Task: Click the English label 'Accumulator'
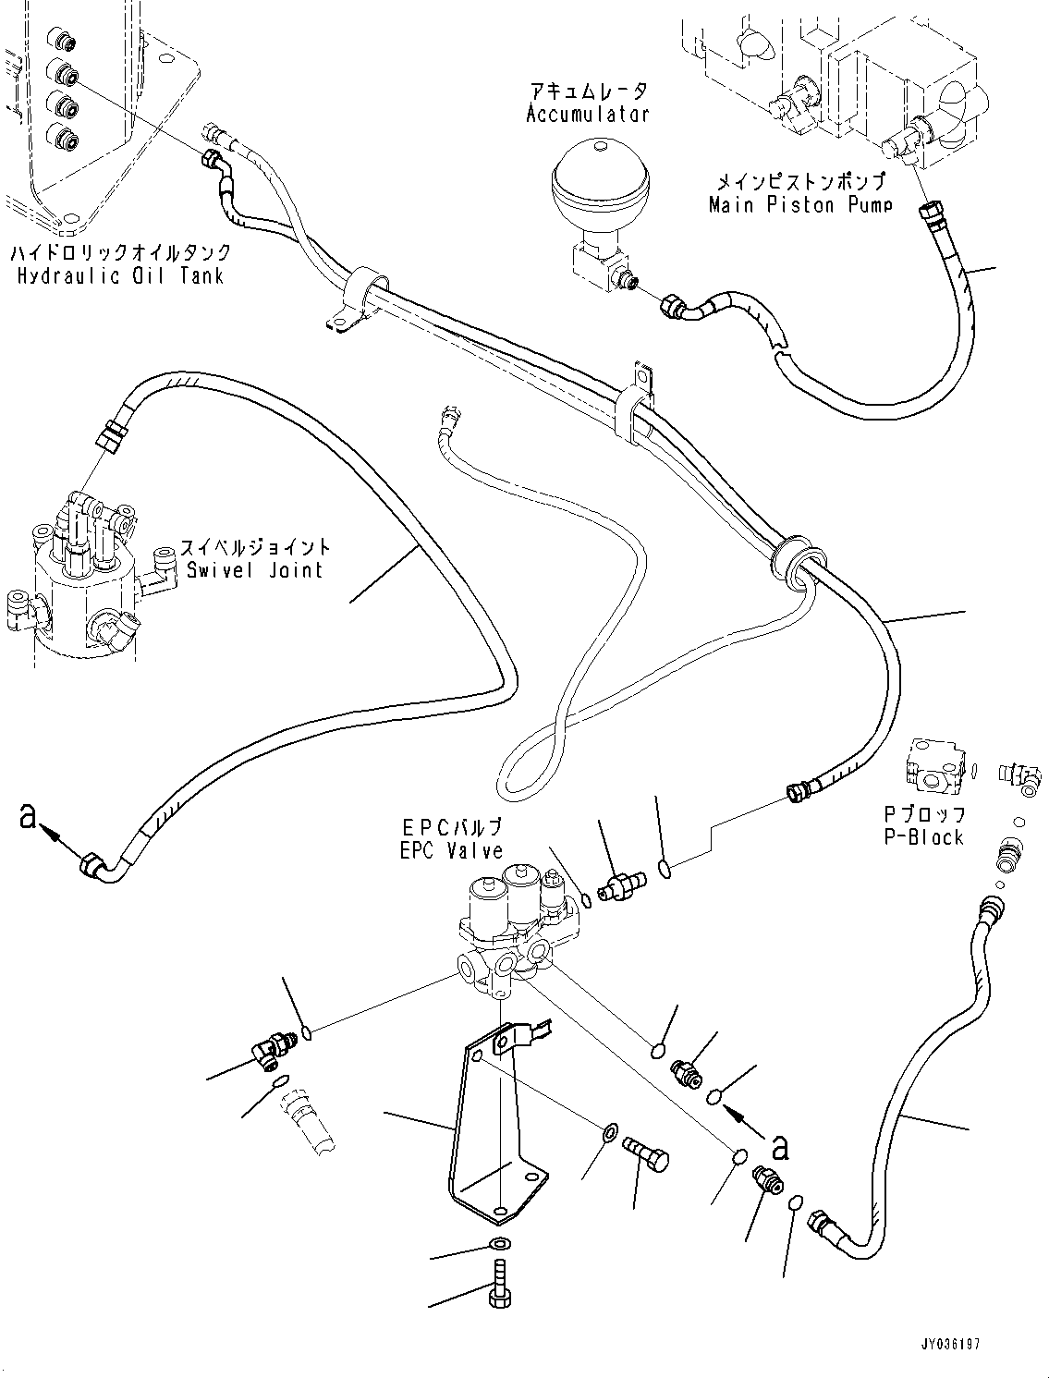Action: click(587, 115)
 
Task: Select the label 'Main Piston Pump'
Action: click(799, 205)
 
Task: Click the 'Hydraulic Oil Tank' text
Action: click(119, 275)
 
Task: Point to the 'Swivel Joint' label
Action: click(254, 569)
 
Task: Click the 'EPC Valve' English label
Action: click(451, 851)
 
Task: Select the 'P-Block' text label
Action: click(923, 837)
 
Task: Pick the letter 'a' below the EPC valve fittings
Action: click(779, 1147)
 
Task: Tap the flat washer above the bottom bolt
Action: click(498, 1243)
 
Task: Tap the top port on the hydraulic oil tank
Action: click(64, 41)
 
